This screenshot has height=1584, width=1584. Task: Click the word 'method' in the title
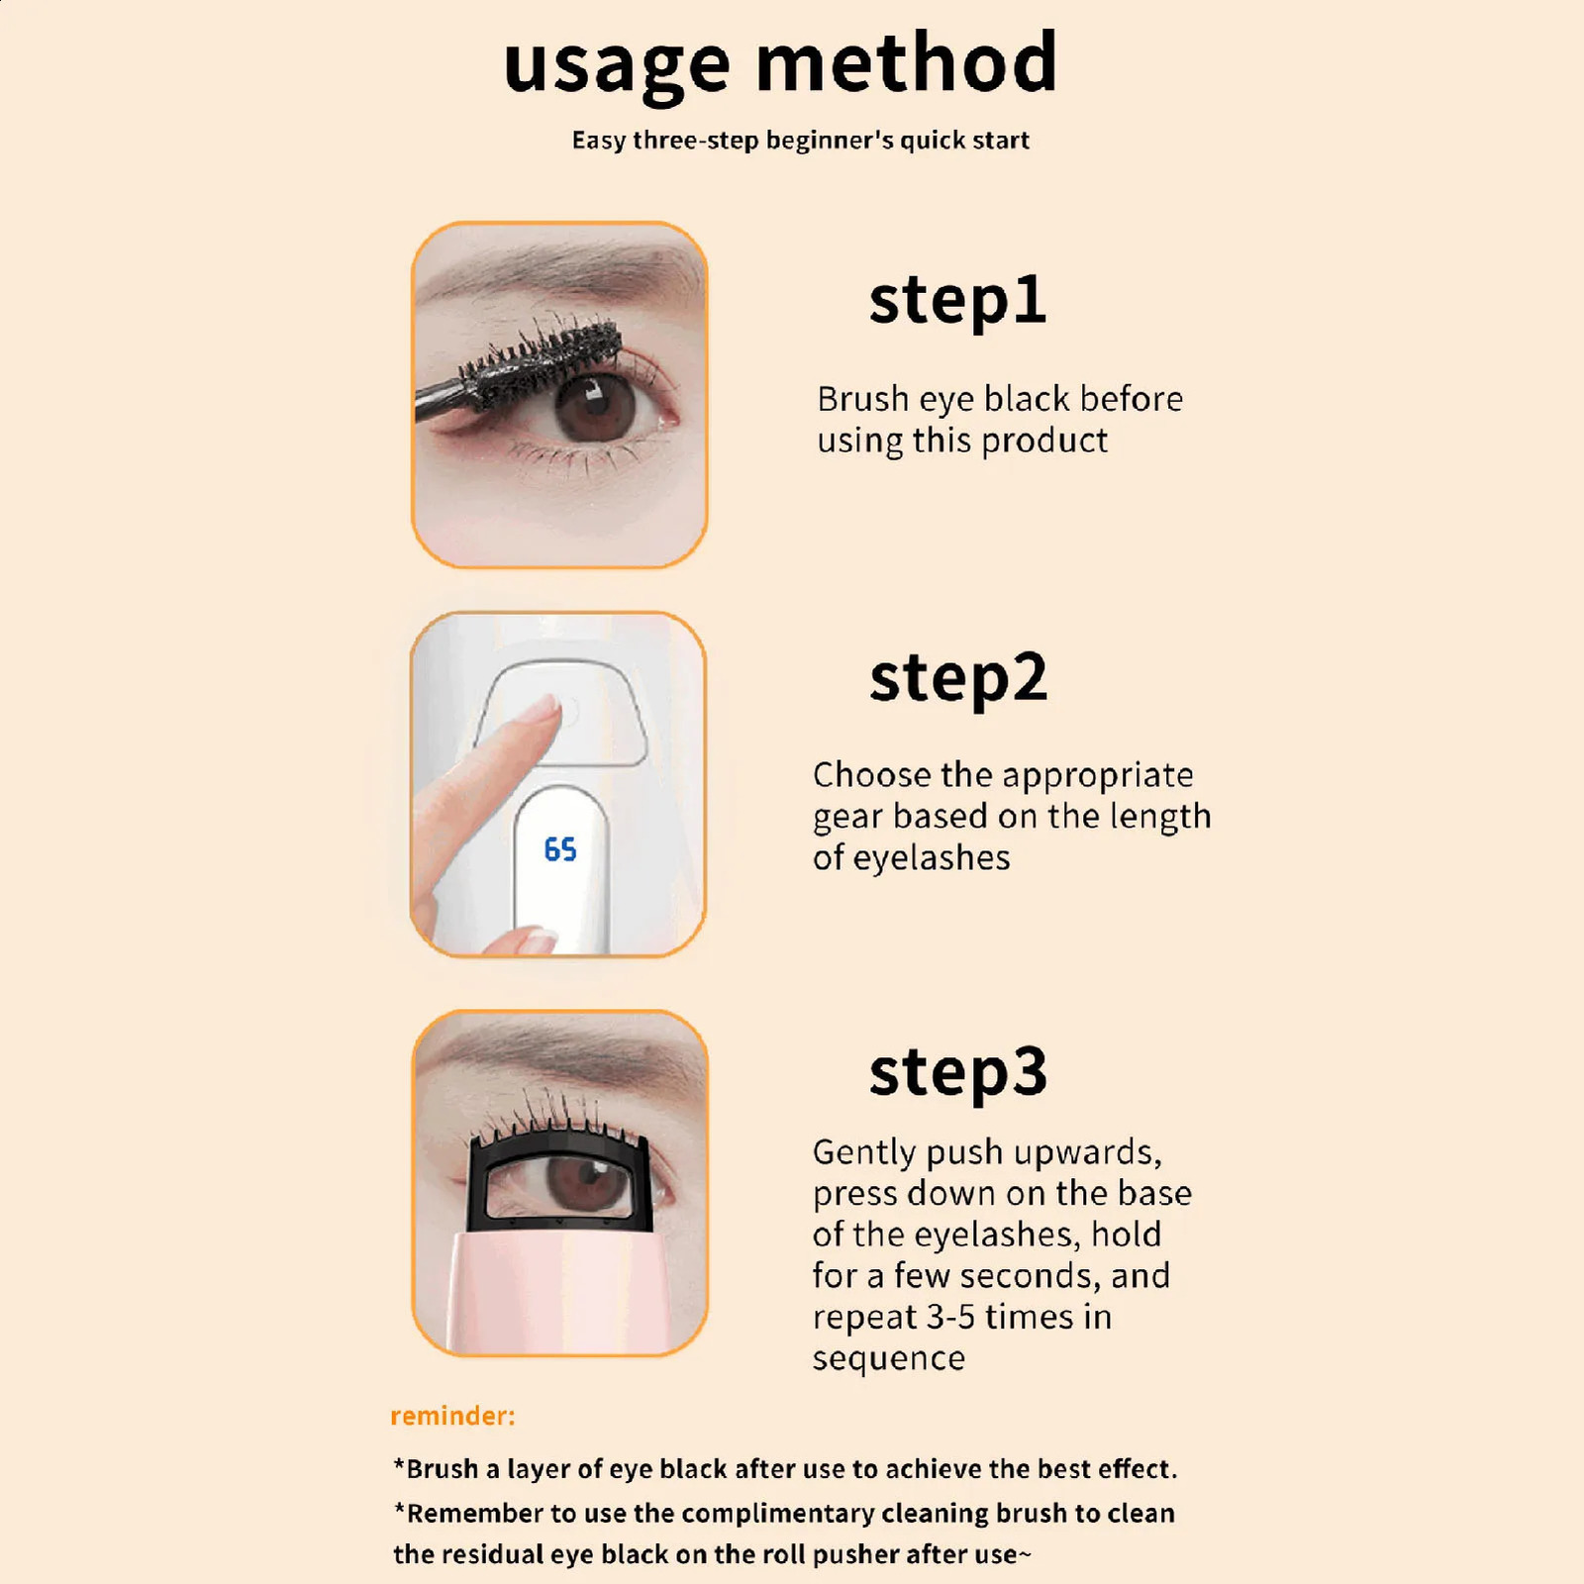click(907, 61)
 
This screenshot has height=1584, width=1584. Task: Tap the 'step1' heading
click(957, 302)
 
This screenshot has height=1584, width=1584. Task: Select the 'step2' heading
click(957, 680)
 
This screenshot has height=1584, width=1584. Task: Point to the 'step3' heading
click(957, 1073)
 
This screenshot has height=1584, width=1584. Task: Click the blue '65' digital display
click(560, 849)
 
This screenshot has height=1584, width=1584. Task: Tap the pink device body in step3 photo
click(560, 1292)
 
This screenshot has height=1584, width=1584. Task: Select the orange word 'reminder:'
click(452, 1416)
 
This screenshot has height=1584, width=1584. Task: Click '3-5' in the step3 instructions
click(950, 1318)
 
